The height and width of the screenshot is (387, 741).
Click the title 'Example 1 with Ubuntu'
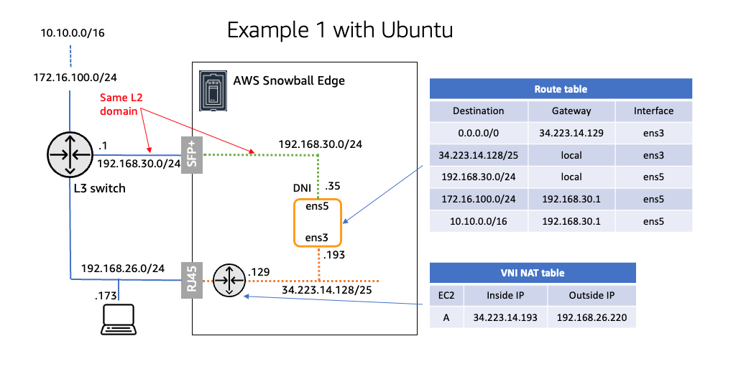[x=340, y=30]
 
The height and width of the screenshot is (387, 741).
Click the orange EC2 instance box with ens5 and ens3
[x=318, y=223]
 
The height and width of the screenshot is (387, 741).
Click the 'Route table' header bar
[x=561, y=89]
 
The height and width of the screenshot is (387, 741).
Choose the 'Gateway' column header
[x=571, y=111]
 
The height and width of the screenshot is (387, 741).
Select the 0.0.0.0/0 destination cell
[x=478, y=133]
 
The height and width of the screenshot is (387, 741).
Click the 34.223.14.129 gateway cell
[x=571, y=133]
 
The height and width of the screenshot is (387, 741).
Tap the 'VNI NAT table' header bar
[x=533, y=273]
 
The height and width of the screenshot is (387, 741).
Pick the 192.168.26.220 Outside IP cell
[x=591, y=317]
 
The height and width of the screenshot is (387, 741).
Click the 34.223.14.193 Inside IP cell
[x=505, y=317]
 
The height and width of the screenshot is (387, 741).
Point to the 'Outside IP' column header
[x=591, y=295]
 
